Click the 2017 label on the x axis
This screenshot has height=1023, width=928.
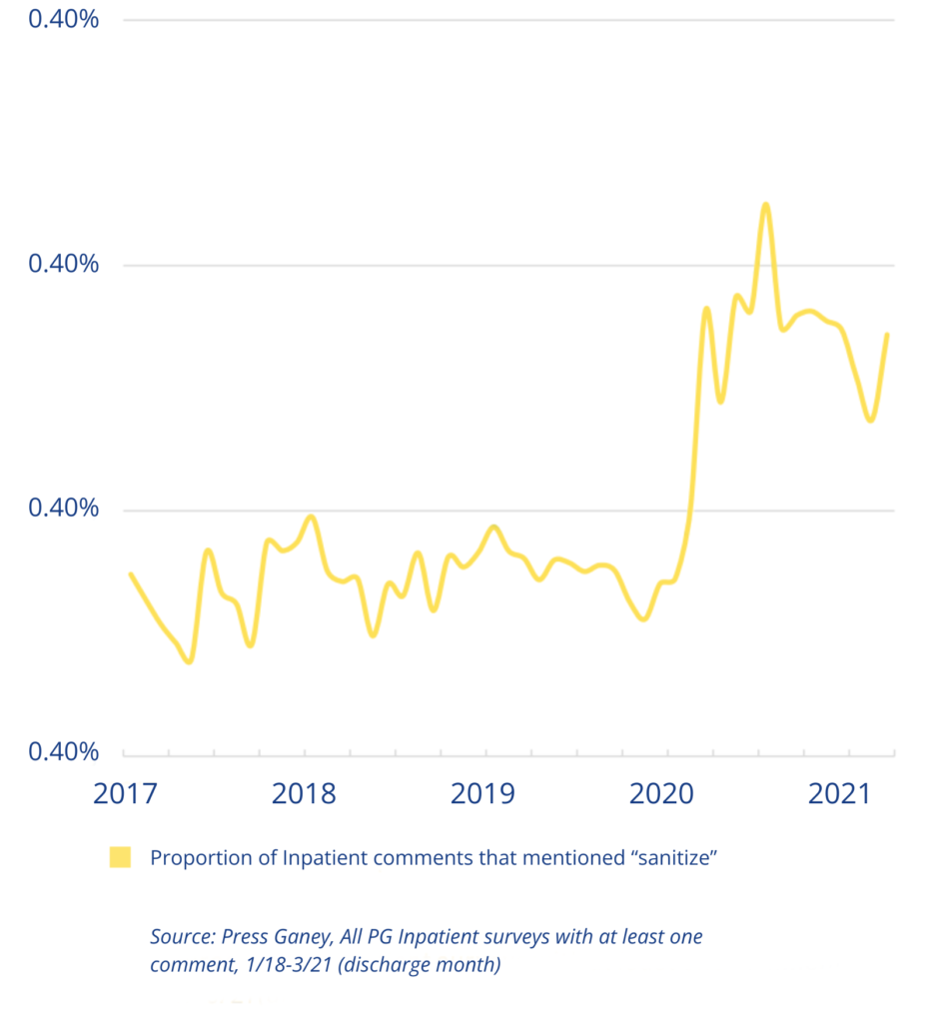(x=127, y=794)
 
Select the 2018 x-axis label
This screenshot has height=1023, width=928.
(x=305, y=794)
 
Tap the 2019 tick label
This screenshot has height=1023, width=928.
(x=483, y=794)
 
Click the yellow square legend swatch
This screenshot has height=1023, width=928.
(x=120, y=857)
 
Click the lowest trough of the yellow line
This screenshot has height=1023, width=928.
(x=188, y=661)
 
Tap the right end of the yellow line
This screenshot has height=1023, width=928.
(x=887, y=335)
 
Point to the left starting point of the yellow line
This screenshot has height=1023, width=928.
(x=130, y=573)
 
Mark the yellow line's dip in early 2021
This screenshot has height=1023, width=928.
(x=870, y=421)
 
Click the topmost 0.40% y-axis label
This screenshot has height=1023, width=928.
(x=63, y=20)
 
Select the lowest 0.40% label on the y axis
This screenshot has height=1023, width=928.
(x=63, y=751)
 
